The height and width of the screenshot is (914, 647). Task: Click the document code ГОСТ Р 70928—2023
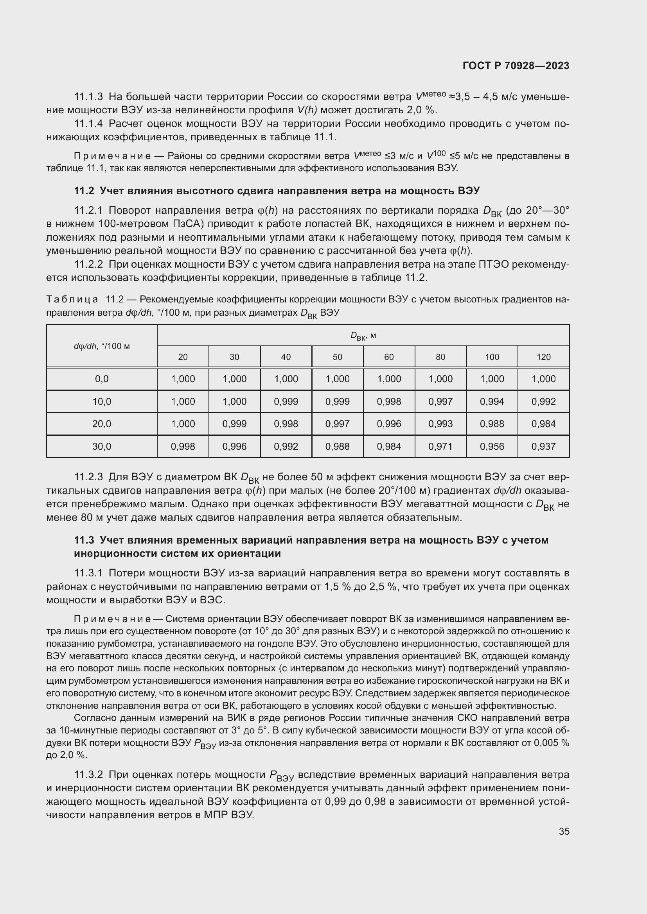tap(516, 66)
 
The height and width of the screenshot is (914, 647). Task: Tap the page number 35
tap(564, 831)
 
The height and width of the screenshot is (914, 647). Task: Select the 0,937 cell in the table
tap(543, 447)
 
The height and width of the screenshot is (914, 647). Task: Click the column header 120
tap(543, 357)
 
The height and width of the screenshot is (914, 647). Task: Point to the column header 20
tap(183, 357)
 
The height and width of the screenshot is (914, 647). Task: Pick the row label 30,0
tap(102, 447)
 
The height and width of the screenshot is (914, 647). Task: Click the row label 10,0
tap(102, 402)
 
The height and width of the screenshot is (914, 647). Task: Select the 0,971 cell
tap(440, 447)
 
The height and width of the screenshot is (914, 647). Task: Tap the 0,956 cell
tap(492, 447)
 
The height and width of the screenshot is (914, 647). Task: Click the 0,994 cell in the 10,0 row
tap(492, 402)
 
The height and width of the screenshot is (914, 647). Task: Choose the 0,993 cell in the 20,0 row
tap(440, 424)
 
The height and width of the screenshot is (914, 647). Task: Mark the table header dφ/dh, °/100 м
tap(102, 346)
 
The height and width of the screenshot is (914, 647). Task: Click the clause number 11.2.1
tap(88, 210)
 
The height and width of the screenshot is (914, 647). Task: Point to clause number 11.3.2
tap(88, 774)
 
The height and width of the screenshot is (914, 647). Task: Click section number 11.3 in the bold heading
tap(84, 540)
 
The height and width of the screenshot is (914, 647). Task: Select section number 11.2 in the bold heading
tap(84, 191)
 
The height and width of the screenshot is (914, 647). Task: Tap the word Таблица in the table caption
tap(72, 299)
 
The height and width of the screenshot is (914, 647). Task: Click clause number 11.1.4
tap(88, 124)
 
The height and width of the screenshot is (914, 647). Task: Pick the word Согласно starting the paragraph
tap(93, 718)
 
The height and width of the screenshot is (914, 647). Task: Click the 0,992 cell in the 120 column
tap(543, 402)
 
